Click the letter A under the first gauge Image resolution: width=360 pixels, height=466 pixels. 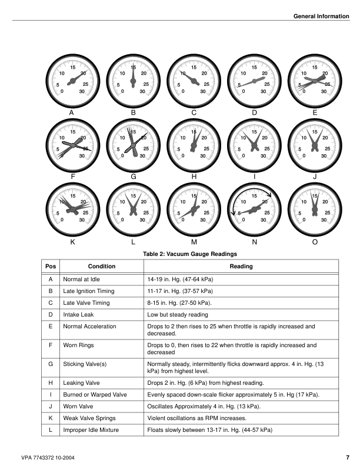pos(71,112)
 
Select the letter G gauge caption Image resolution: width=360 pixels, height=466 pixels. pos(134,177)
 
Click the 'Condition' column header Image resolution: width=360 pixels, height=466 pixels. pos(101,267)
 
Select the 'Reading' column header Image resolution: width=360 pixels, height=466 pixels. pos(241,267)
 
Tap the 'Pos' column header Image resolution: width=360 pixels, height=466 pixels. pos(51,267)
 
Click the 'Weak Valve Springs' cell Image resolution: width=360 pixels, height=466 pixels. pos(89,418)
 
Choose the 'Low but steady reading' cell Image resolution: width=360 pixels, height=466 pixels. pos(177,315)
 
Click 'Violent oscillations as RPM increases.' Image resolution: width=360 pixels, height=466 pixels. pos(197,418)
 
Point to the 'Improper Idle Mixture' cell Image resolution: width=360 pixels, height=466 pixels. pos(91,431)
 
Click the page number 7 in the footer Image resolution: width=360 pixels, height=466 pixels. pos(347,457)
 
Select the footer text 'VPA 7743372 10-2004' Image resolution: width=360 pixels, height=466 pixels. pos(47,457)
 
